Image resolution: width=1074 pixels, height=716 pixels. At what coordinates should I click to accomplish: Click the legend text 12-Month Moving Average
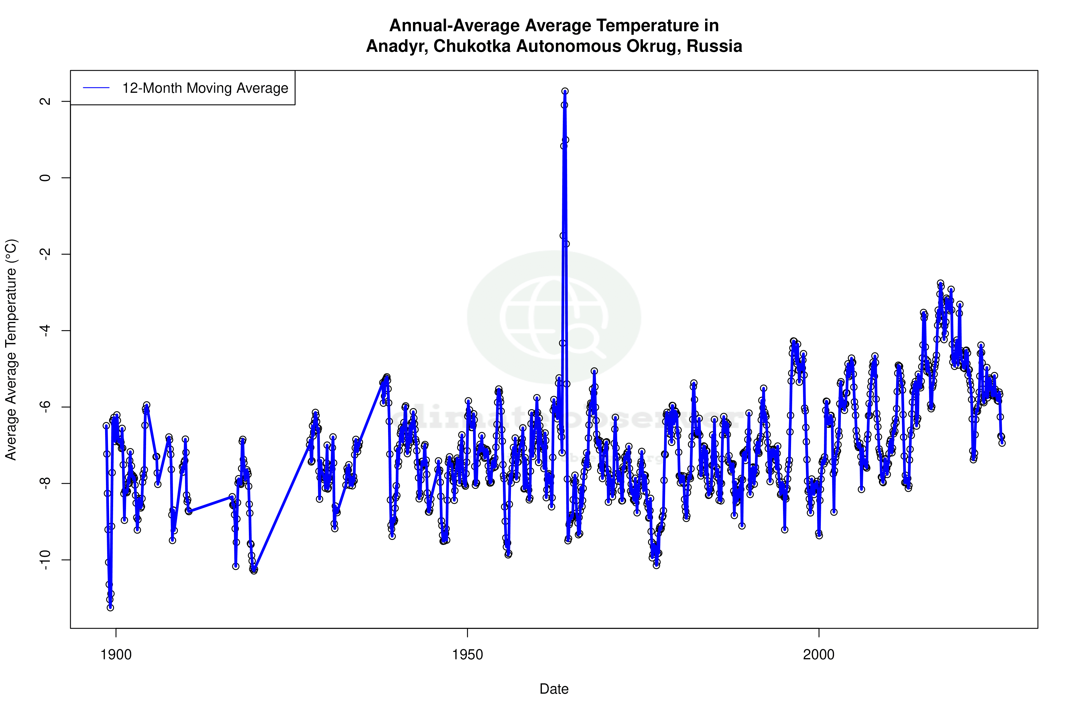(x=205, y=88)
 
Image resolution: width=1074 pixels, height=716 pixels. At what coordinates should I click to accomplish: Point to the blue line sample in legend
(x=96, y=88)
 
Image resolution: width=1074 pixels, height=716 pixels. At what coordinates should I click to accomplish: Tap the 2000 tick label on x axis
(x=819, y=654)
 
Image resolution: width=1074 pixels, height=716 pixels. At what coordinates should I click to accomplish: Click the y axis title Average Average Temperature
(x=11, y=349)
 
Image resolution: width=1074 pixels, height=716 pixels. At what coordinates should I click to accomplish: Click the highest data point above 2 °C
(x=565, y=91)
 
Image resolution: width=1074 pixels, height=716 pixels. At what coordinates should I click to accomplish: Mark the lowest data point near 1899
(x=111, y=608)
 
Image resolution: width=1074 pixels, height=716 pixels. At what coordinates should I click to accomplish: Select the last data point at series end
(x=1002, y=443)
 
